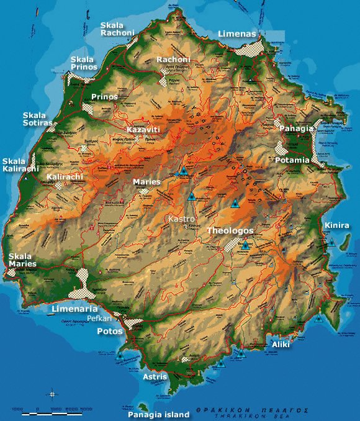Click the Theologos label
[230, 230]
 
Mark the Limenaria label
[75, 309]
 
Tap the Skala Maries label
[22, 260]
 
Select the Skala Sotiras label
[38, 119]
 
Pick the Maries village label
[147, 182]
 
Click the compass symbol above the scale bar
[53, 393]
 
